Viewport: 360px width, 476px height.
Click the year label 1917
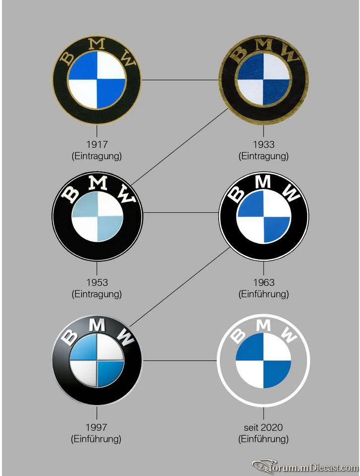[x=97, y=144]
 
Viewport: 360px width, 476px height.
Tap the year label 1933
[x=263, y=144]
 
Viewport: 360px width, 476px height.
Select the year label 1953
[x=97, y=282]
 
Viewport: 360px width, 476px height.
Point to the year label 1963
[x=263, y=282]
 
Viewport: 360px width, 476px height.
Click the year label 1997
[x=96, y=427]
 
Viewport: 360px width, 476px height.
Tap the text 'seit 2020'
[x=263, y=427]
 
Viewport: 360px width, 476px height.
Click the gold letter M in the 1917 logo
[x=98, y=44]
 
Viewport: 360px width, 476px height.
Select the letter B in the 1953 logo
[x=70, y=194]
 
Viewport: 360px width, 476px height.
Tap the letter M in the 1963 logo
[x=263, y=182]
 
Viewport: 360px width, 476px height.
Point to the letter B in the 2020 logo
[x=239, y=336]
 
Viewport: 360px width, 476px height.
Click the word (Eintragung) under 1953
[x=97, y=294]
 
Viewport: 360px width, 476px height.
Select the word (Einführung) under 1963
[x=263, y=294]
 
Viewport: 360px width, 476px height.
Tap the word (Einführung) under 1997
[x=96, y=439]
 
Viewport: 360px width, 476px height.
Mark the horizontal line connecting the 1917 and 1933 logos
[x=180, y=80]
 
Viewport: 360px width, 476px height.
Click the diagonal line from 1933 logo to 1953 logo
[x=180, y=147]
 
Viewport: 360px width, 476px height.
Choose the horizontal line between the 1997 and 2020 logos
[x=180, y=360]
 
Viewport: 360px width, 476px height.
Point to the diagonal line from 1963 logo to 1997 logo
[x=180, y=287]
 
